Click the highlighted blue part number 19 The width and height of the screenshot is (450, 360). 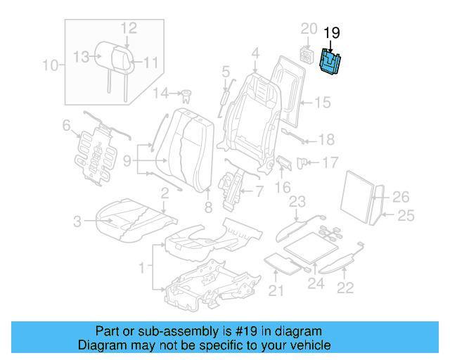coord(330,61)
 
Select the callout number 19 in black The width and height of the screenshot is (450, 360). coord(331,32)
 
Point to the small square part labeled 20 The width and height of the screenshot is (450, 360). coord(307,53)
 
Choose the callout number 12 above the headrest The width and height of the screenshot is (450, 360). coord(128,28)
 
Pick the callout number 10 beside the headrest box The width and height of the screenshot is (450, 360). coord(49,66)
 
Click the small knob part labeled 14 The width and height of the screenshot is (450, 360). coord(187,94)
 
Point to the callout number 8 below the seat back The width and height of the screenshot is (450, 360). coord(207,207)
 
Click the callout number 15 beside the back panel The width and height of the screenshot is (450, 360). coord(321,103)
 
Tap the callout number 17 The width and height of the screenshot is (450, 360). coord(330,162)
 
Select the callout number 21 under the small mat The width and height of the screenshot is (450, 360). coord(276,291)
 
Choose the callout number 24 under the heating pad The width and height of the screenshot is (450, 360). coord(316,284)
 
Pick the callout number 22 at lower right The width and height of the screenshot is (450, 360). coord(345,286)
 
